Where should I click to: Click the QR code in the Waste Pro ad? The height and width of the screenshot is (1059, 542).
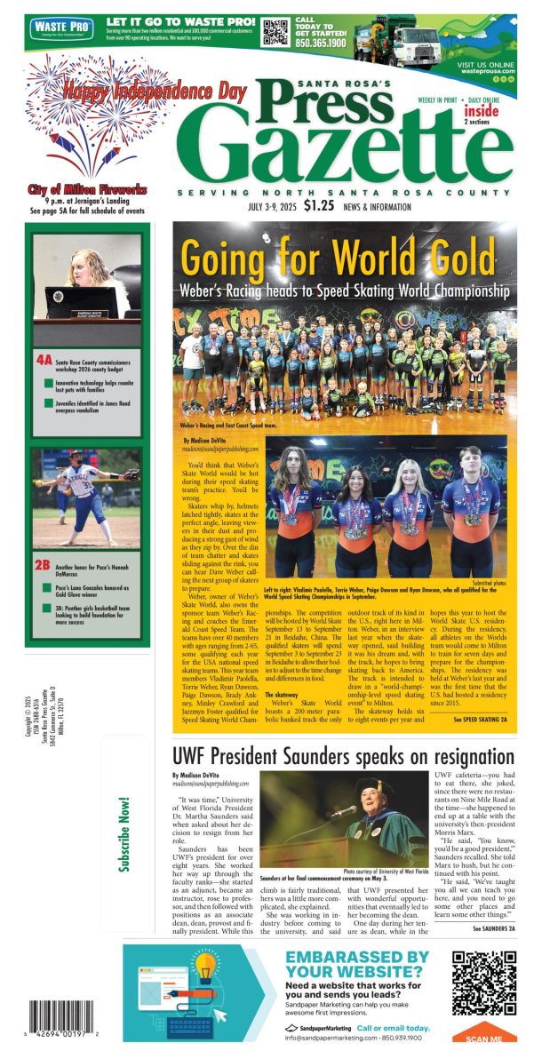coord(275,32)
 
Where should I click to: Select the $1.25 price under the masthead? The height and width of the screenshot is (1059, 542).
coord(318,206)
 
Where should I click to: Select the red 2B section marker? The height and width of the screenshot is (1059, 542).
coord(44,563)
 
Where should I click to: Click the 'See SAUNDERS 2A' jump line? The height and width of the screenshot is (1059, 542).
coord(489,928)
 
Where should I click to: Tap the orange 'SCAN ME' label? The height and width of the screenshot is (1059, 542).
coord(484,1037)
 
